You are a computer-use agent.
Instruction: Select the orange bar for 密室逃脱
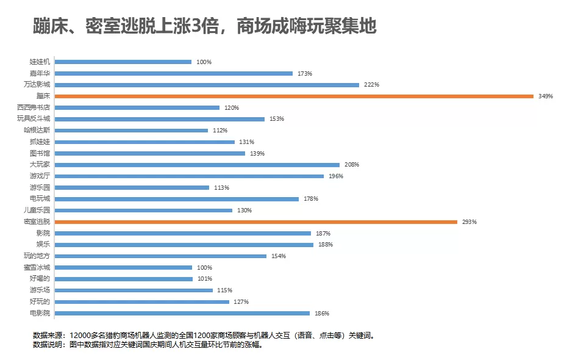[x=255, y=221]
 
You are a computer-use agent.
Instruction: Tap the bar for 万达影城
[x=207, y=85]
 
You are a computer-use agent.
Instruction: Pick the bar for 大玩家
[x=197, y=165]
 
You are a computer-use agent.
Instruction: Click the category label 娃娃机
[x=40, y=62]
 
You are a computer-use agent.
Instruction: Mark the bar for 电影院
[x=182, y=313]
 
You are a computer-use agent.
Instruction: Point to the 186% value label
[x=322, y=314]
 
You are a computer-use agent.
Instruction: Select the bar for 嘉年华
[x=174, y=73]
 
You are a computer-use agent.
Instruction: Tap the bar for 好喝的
[x=124, y=279]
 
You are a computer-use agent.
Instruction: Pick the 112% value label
[x=220, y=131]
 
